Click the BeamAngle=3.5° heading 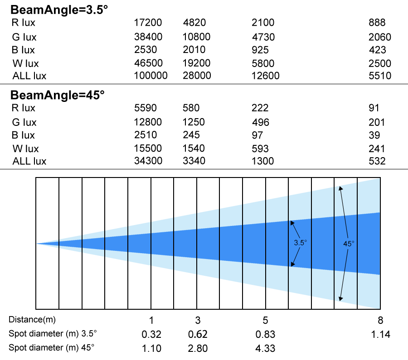click(59, 10)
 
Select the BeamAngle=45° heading click(58, 95)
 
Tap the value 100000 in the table click(151, 76)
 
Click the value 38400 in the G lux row click(148, 37)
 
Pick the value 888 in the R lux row click(377, 23)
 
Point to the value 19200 click(196, 63)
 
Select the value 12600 click(265, 76)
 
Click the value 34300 click(148, 161)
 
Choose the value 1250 click(194, 122)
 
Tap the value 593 click(260, 149)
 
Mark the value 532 click(377, 161)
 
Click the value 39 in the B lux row click(374, 135)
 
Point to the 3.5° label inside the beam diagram click(300, 243)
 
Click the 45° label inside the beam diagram click(349, 244)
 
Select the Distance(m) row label click(32, 319)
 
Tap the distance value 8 click(380, 320)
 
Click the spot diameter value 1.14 click(380, 334)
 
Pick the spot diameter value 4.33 click(265, 348)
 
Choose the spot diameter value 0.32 click(151, 334)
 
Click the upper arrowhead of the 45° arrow click(340, 188)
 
